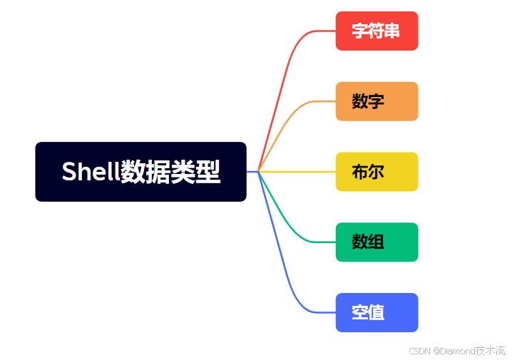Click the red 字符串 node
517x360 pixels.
(x=377, y=31)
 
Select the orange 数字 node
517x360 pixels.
(x=377, y=101)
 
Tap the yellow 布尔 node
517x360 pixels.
(x=377, y=172)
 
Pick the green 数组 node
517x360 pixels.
(x=377, y=242)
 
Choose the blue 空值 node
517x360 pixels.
(x=377, y=312)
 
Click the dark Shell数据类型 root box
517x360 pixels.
(x=140, y=172)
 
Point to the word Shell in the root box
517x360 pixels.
(x=90, y=172)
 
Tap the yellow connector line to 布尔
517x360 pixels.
(x=300, y=172)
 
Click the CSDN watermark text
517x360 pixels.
(x=457, y=351)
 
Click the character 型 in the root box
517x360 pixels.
(x=208, y=172)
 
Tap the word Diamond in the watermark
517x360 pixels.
(x=456, y=351)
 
